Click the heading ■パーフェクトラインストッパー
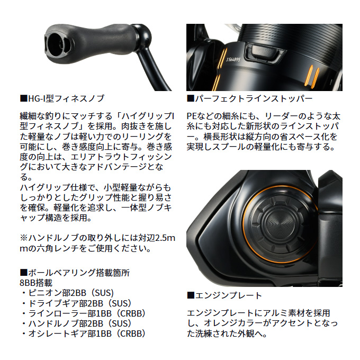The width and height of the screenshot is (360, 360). pos(249,98)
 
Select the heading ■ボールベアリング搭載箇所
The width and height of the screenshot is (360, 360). pos(74,273)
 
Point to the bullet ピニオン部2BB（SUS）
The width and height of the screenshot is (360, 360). pos(68,293)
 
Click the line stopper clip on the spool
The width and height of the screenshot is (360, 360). pos(260,52)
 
